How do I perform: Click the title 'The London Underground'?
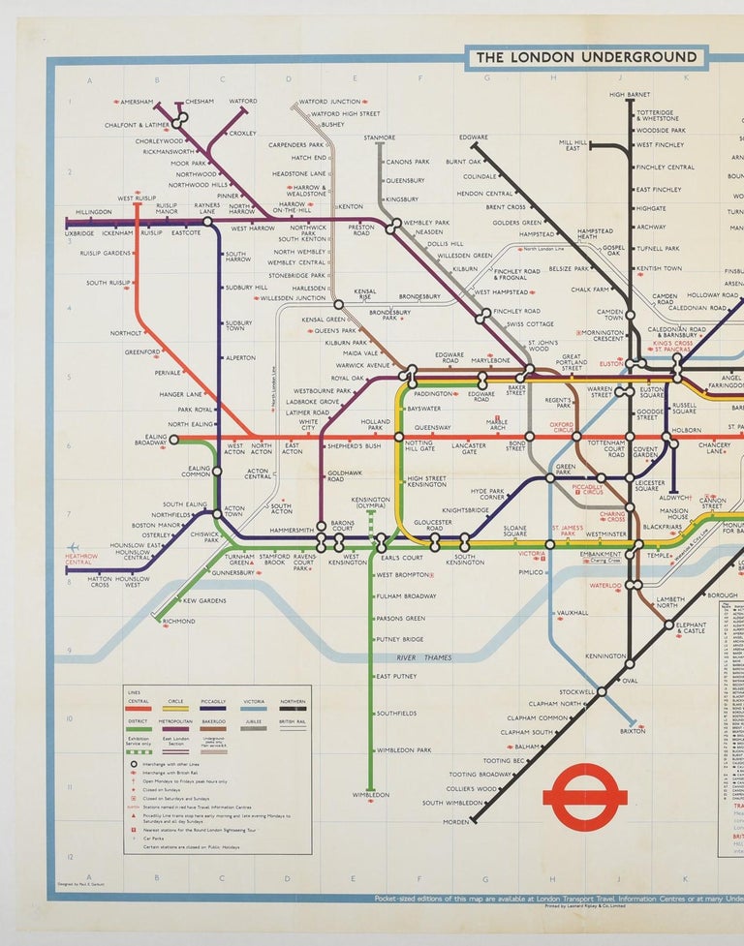[x=586, y=58]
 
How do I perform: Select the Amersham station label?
[x=137, y=102]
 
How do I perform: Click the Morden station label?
[x=454, y=822]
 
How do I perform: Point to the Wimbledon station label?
[x=370, y=795]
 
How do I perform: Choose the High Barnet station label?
[x=630, y=94]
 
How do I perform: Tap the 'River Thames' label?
[x=423, y=658]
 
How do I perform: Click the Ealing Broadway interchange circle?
[x=174, y=439]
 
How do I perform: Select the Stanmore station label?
[x=379, y=137]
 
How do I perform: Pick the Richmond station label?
[x=178, y=622]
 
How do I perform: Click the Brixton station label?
[x=632, y=731]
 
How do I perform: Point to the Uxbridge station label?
[x=79, y=233]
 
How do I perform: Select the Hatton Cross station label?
[x=86, y=582]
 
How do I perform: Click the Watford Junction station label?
[x=329, y=102]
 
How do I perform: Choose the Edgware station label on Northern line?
[x=474, y=137]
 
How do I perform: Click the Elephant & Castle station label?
[x=691, y=628]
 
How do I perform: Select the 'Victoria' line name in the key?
[x=254, y=701]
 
